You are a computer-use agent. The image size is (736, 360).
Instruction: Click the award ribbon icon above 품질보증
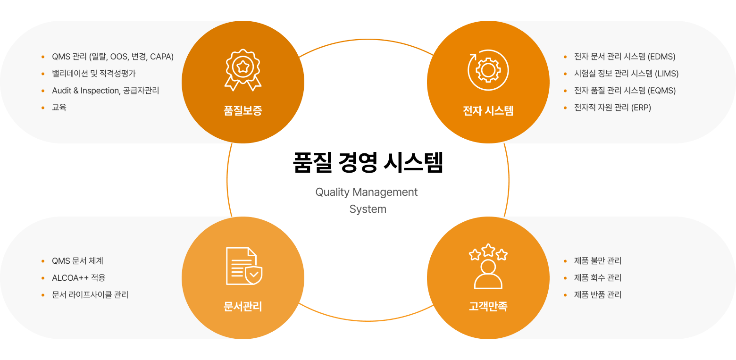243,70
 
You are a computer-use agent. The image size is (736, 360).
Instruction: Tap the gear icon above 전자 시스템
488,70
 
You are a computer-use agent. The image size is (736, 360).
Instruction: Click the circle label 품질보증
243,111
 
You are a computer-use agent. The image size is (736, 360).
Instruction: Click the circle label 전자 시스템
488,111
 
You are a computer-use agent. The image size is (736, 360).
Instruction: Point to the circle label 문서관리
243,307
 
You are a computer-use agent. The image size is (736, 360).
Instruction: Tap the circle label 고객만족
488,307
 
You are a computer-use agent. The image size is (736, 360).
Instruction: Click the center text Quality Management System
367,201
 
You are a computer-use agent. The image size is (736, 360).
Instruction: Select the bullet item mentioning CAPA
113,57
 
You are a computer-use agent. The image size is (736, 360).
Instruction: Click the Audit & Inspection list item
105,91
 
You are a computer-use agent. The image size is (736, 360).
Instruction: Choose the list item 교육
59,108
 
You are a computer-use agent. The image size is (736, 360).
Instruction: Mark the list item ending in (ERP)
612,108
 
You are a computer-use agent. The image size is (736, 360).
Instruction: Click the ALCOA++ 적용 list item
78,278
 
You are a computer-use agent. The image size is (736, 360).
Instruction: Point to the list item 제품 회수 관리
598,278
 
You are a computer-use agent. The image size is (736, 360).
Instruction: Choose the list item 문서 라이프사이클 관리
90,295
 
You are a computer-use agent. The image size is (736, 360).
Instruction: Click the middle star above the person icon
488,250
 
